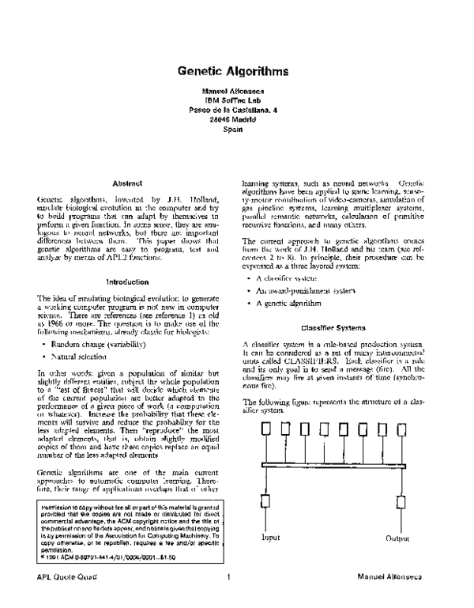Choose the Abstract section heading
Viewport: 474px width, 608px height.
127,184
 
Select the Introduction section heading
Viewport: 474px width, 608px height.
127,281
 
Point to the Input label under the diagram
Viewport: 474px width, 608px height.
271,538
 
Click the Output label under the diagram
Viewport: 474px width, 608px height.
397,538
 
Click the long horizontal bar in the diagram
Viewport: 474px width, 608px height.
332,463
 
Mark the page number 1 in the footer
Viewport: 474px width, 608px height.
229,598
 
